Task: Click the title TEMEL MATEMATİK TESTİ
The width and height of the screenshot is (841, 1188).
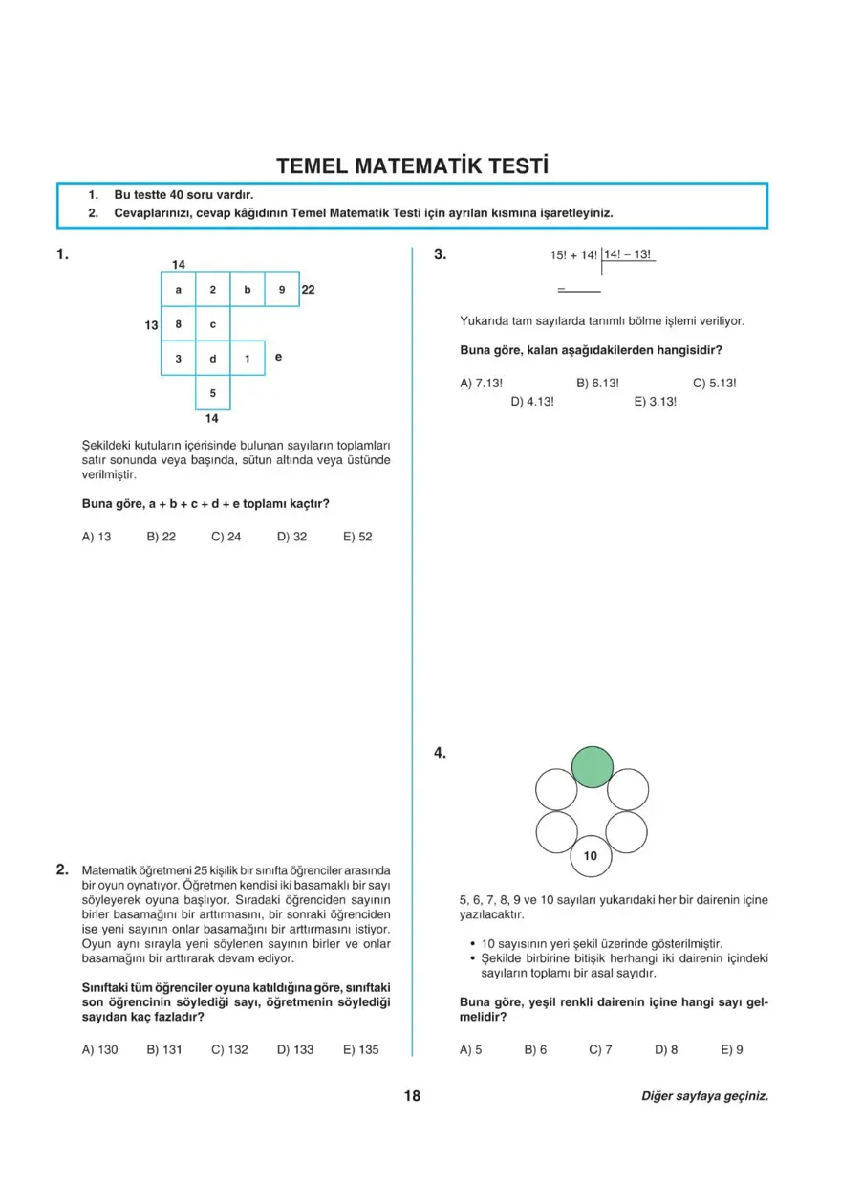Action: click(x=413, y=165)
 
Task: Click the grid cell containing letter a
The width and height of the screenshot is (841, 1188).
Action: click(x=179, y=289)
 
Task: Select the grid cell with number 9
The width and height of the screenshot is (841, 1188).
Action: click(x=282, y=289)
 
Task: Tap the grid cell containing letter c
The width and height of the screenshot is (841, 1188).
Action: click(x=213, y=324)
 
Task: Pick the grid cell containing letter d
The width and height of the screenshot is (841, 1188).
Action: click(x=213, y=359)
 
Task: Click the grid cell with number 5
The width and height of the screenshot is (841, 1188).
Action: click(x=213, y=393)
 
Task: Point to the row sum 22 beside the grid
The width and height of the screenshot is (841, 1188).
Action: click(x=309, y=289)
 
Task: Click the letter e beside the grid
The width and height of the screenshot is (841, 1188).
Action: click(x=278, y=357)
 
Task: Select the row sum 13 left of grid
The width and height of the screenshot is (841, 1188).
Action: click(x=151, y=325)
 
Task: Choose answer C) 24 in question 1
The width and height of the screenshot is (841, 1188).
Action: click(x=226, y=537)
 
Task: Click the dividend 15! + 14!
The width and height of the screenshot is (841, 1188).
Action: click(x=573, y=255)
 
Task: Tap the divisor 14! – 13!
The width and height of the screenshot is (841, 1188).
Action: click(x=627, y=254)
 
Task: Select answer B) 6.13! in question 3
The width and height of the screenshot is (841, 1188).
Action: click(x=598, y=383)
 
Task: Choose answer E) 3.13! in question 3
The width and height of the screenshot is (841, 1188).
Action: click(x=656, y=402)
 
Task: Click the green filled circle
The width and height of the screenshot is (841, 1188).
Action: click(x=593, y=767)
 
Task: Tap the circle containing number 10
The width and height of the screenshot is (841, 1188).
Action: click(x=591, y=856)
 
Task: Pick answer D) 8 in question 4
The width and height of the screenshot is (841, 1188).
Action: click(x=666, y=1049)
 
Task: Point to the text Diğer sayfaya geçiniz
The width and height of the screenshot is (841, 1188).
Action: click(x=704, y=1097)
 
